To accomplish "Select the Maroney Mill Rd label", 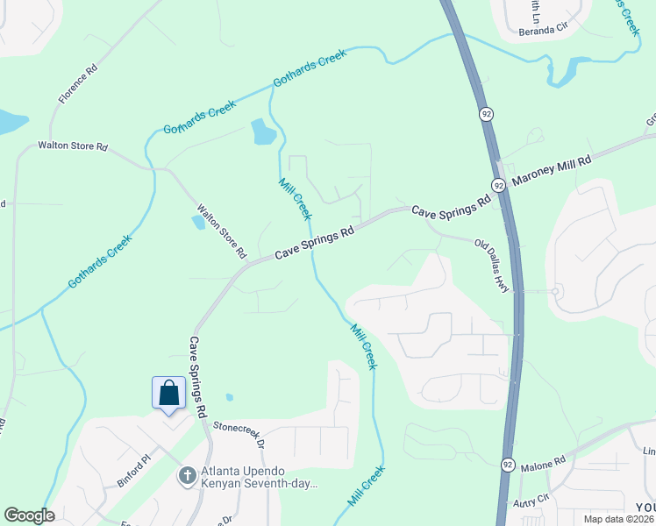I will tap(553, 172).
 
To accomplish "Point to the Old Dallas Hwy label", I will tap(492, 266).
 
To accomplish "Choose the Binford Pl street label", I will tap(134, 471).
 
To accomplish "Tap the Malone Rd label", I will tap(545, 463).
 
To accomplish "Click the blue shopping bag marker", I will tap(168, 393).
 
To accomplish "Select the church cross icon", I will tap(186, 476).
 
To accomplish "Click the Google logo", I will tap(29, 515).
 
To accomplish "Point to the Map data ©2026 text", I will tap(619, 519).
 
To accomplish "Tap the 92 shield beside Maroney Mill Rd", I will tap(498, 185).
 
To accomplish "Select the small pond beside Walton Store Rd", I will tap(198, 223).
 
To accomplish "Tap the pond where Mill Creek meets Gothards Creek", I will tap(263, 132).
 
